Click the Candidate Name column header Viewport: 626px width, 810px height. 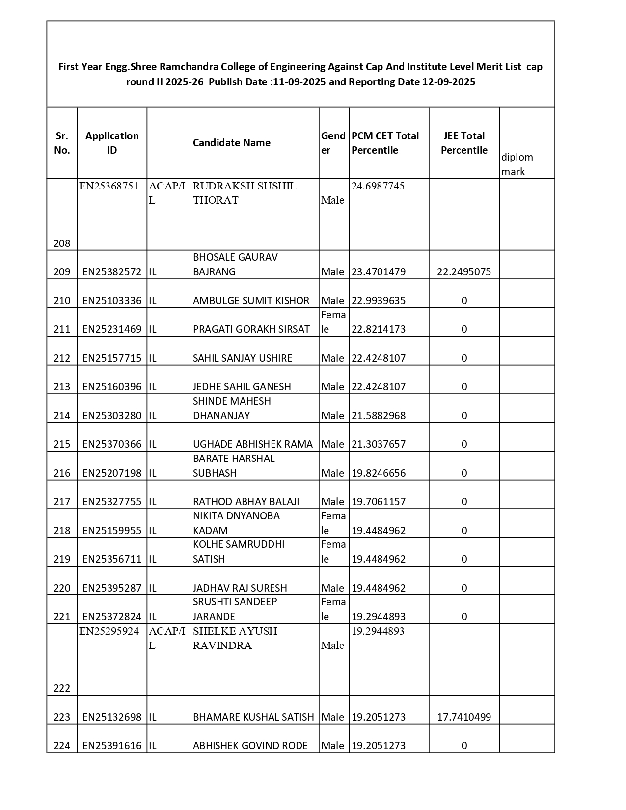232,143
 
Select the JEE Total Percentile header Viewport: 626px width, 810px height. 464,143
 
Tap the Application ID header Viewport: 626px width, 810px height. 112,143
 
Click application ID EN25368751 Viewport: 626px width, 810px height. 109,186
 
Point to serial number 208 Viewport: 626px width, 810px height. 62,243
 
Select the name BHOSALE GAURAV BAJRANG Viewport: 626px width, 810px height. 235,265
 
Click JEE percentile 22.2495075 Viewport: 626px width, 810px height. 464,272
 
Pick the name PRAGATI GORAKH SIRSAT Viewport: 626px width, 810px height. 251,329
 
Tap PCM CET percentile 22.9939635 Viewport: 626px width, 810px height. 379,301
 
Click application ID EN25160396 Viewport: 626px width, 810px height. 112,387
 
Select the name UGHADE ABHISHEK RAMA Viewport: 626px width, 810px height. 253,444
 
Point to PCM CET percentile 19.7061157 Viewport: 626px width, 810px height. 379,502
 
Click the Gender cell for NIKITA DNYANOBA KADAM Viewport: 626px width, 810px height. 333,523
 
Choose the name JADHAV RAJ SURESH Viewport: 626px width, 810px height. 240,588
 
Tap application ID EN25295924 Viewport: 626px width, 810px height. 109,631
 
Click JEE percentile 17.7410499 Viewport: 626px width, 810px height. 464,717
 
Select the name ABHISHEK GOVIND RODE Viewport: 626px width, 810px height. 250,746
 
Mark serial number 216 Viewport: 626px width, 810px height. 62,473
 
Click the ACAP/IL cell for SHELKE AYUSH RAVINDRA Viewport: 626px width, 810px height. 167,638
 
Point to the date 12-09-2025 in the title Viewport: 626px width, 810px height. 449,82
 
